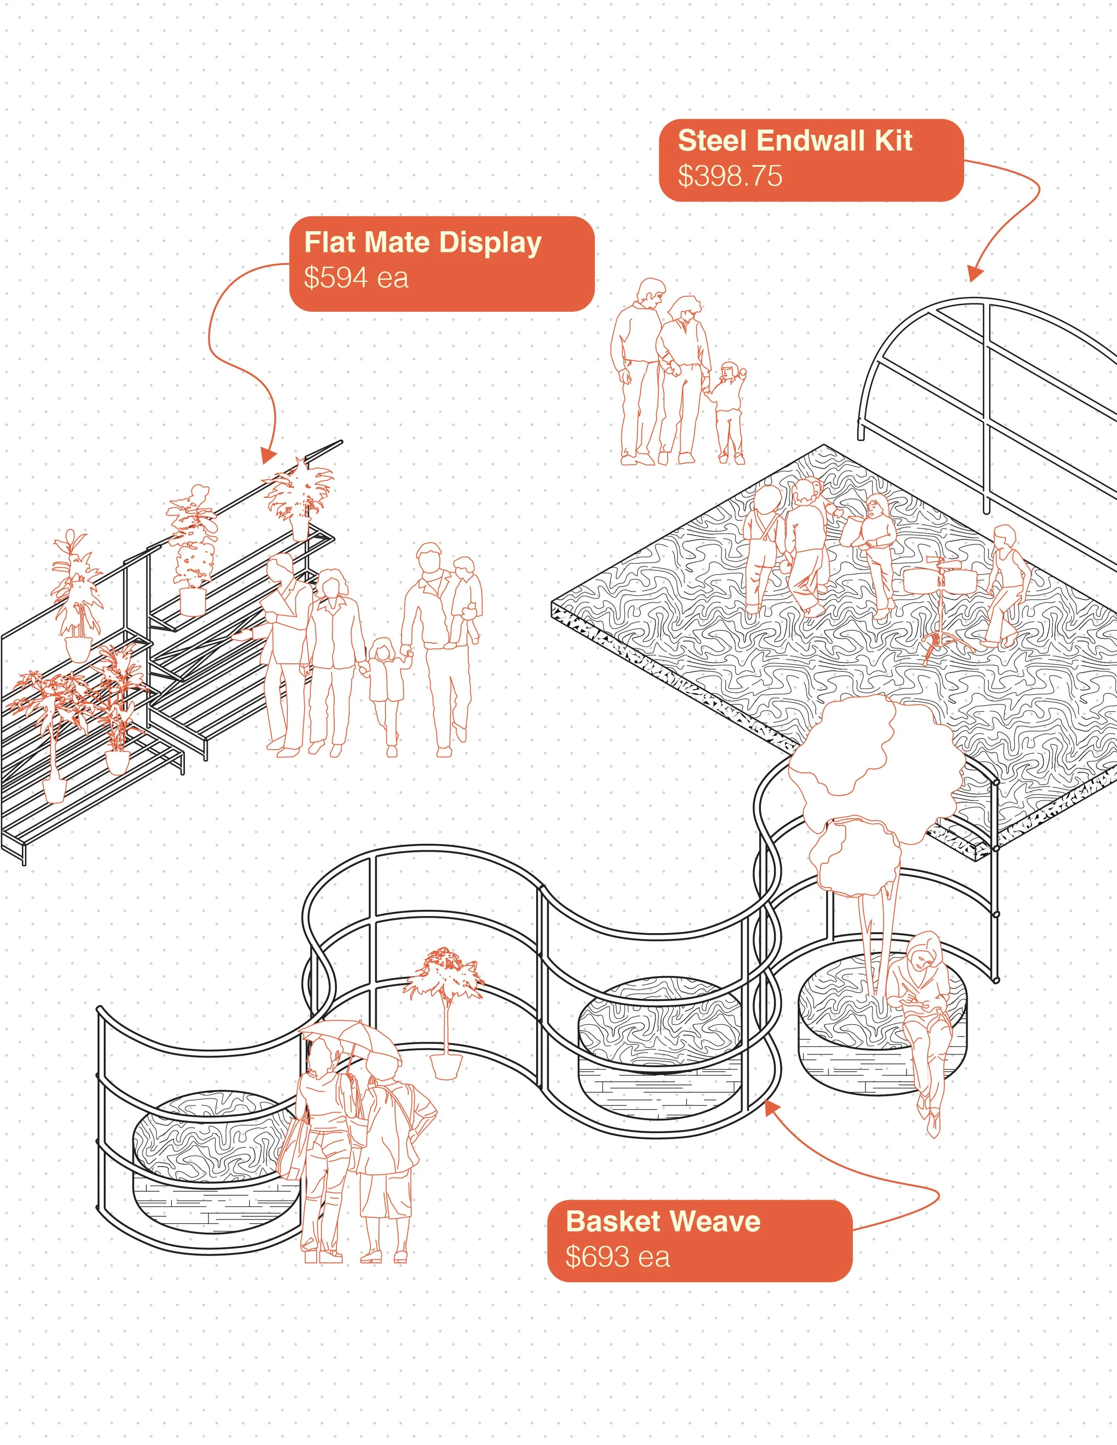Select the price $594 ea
point(356,277)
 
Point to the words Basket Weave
point(663,1221)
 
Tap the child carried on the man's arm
point(465,599)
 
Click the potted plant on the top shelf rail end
point(299,496)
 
